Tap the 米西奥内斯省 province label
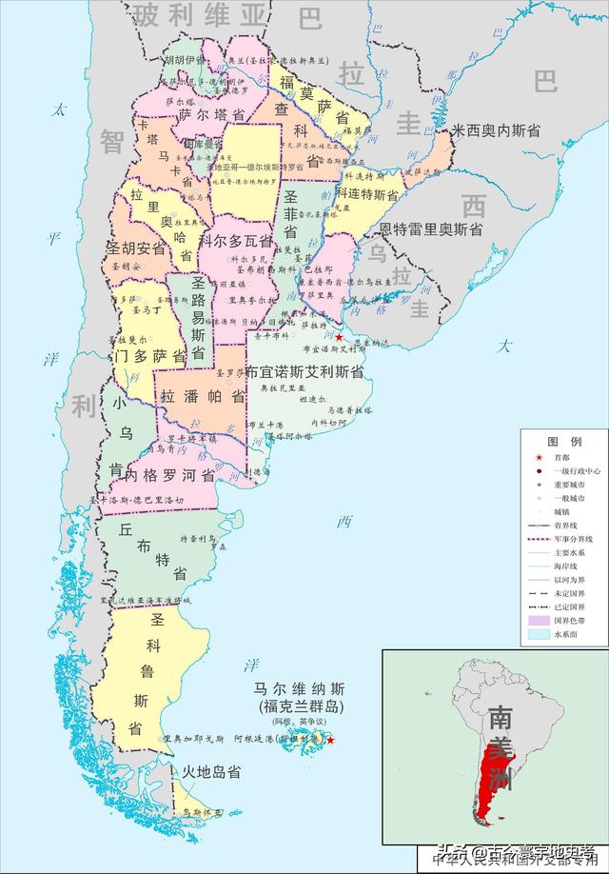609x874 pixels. pos(496,130)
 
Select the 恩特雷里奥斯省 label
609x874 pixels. pos(430,229)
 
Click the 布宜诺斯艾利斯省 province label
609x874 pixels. pos(304,370)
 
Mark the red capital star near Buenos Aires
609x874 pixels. pos(340,338)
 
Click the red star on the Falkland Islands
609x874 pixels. pos(330,740)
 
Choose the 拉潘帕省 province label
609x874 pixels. pos(203,396)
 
